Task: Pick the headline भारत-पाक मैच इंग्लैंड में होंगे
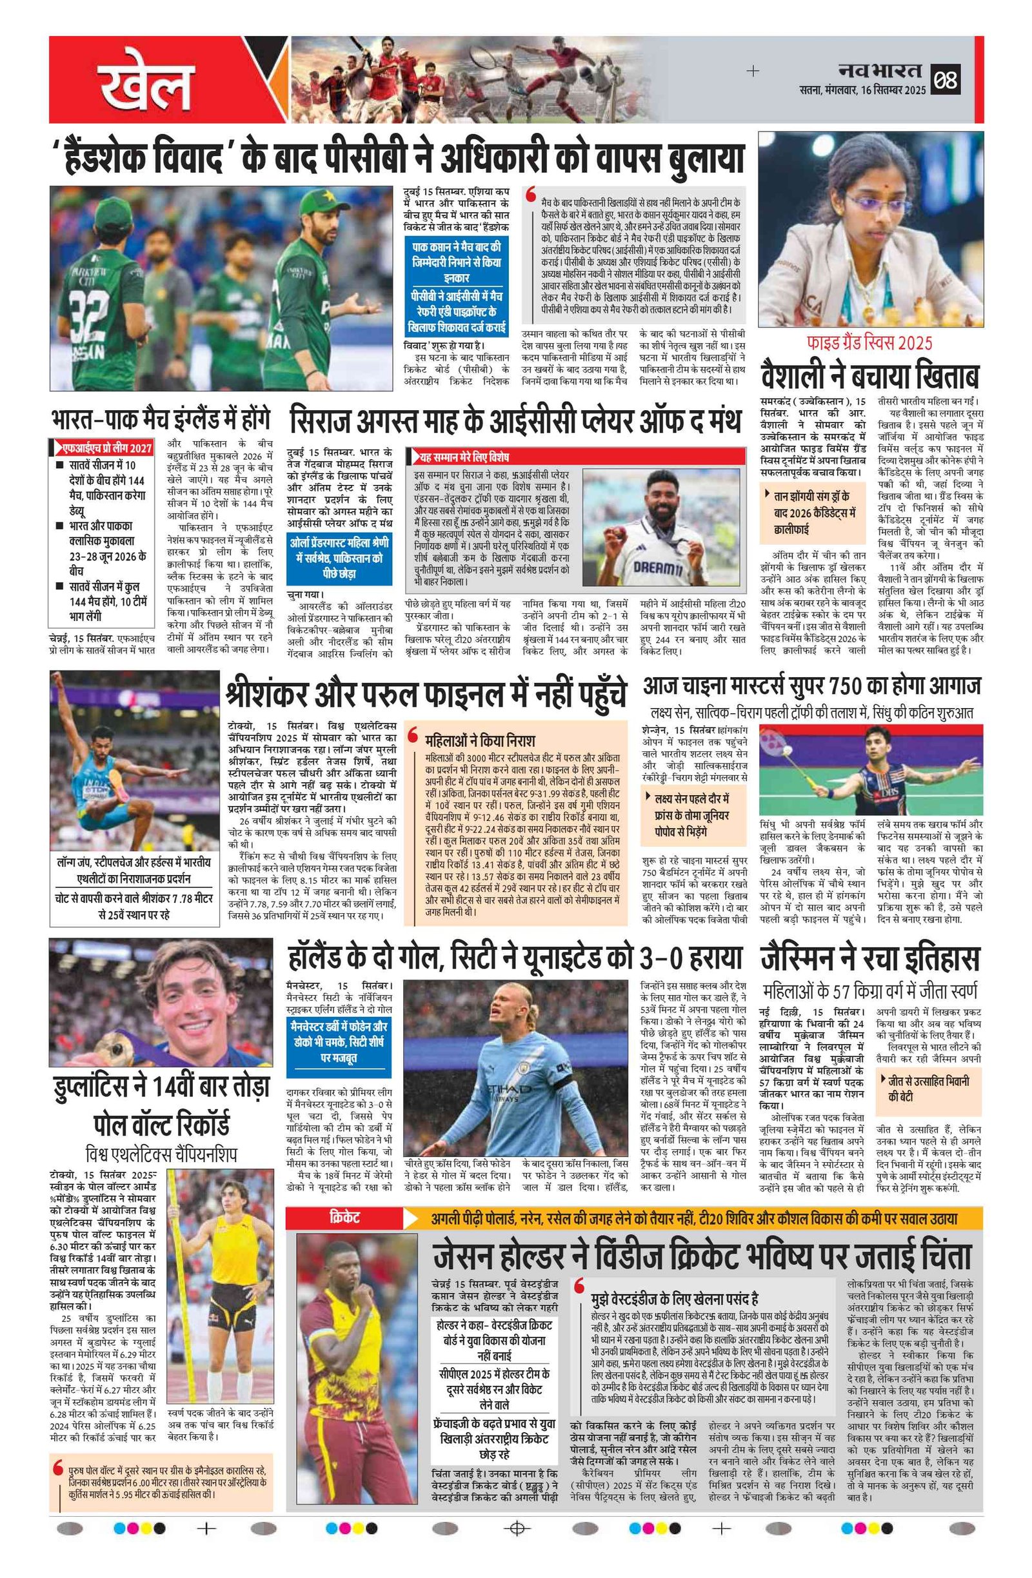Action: [161, 420]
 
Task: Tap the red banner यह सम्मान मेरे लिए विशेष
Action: [464, 457]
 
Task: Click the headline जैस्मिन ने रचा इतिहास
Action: [869, 959]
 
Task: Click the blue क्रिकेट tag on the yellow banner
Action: [344, 1218]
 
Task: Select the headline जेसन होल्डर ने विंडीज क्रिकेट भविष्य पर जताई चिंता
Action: [702, 1256]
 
